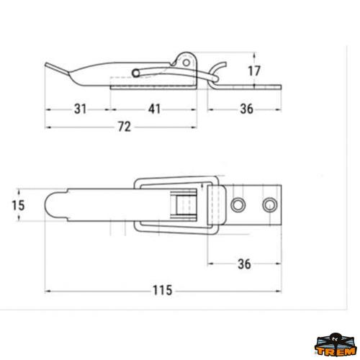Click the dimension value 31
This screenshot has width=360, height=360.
(79, 109)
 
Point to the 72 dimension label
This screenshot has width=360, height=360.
(123, 127)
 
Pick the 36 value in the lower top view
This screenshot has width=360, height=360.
(244, 264)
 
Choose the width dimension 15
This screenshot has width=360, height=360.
(19, 205)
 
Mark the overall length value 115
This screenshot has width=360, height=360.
(162, 290)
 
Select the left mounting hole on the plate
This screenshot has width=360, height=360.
(238, 204)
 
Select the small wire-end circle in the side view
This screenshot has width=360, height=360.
(136, 73)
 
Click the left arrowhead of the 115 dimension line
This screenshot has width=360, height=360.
(49, 290)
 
